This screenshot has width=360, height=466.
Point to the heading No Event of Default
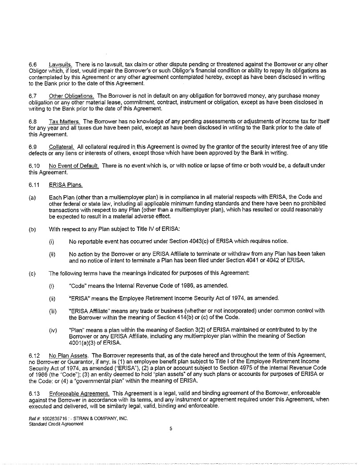coord(74,166)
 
